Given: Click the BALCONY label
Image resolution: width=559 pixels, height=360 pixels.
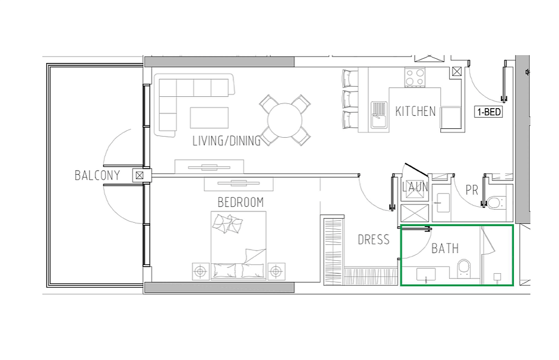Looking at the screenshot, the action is point(97,175).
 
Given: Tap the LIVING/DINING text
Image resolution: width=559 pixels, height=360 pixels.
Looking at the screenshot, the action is point(227,141).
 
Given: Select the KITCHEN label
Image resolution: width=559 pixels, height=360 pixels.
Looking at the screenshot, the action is point(415,111).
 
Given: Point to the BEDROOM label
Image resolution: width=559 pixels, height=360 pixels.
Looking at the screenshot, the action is point(241,202).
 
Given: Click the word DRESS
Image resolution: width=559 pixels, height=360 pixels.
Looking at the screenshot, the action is point(374,239).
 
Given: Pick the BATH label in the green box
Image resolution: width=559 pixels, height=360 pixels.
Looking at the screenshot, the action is point(445,248).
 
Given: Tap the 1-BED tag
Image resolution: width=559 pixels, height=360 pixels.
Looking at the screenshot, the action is point(488,112).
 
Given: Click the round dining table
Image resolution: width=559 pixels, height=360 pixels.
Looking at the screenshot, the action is point(285,120).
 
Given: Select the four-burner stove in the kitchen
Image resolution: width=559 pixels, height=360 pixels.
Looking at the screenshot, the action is point(415,77).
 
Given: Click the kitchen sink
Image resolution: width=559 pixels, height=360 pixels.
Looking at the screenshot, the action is point(379,115).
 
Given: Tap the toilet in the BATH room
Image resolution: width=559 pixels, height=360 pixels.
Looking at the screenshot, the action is point(463,268).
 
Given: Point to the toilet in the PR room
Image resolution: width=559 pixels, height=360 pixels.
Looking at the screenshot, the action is point(495,203).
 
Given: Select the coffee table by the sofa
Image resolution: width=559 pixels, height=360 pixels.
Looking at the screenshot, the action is point(209,118).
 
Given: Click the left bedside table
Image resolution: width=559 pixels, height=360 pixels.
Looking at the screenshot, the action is point(201,271).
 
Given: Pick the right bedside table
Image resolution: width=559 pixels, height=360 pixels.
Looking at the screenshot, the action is point(276,271).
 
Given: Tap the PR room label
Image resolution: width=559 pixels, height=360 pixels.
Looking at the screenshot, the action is point(472,190).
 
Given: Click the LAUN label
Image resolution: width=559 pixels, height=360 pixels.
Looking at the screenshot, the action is point(415,187).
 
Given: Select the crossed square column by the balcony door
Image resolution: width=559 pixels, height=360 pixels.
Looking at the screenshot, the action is point(140,175).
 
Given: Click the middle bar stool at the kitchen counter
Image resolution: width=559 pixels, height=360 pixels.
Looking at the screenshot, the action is point(350,99).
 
